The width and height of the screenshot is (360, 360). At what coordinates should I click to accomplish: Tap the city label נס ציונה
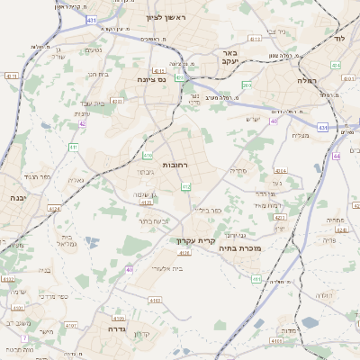point(153,78)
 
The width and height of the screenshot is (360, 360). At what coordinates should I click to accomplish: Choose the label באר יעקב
point(229,58)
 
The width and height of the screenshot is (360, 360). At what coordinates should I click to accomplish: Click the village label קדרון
point(140,335)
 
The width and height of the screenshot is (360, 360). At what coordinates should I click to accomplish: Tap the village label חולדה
point(325,295)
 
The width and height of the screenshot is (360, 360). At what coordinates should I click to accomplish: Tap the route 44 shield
point(335,156)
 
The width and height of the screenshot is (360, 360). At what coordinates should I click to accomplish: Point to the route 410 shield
point(146,156)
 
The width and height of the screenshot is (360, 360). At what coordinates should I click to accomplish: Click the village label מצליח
point(301,136)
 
